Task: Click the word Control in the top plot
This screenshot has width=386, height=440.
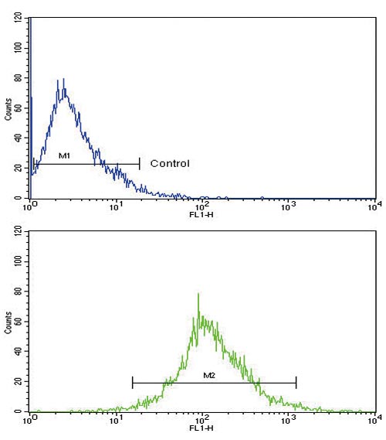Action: [x=170, y=164]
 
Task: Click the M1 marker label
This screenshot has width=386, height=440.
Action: [x=64, y=157]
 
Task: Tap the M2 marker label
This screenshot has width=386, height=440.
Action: [x=208, y=376]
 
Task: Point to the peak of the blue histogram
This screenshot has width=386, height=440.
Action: [x=63, y=79]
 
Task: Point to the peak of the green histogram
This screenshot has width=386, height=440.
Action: [x=198, y=294]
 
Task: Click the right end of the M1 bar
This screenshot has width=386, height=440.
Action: [x=140, y=163]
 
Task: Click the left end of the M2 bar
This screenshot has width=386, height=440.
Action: [x=133, y=382]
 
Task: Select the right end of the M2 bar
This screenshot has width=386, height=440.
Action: [x=296, y=382]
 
